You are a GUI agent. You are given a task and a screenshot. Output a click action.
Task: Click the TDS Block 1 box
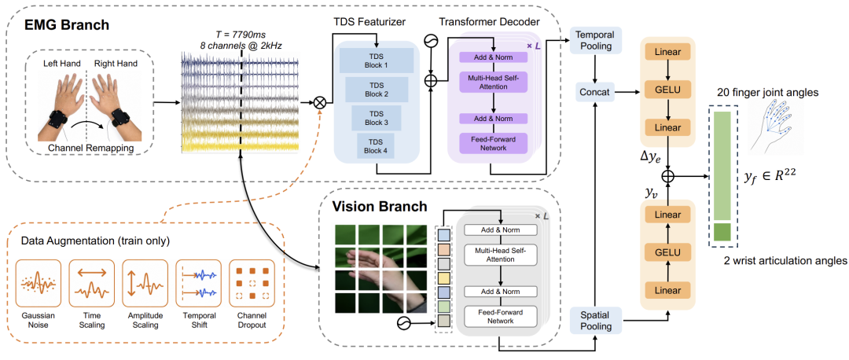[377, 60]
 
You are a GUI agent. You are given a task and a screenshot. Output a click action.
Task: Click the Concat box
[596, 94]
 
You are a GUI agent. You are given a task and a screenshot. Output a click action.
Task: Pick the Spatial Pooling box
[596, 321]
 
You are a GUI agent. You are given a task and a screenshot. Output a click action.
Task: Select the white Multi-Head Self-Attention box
[500, 255]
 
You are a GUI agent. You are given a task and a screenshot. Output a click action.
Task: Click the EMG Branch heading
[67, 24]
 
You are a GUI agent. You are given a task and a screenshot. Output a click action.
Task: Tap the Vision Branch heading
[380, 206]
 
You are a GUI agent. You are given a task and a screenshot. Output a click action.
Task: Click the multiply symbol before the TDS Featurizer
[320, 101]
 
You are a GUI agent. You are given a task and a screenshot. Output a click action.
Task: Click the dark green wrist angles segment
[722, 232]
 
